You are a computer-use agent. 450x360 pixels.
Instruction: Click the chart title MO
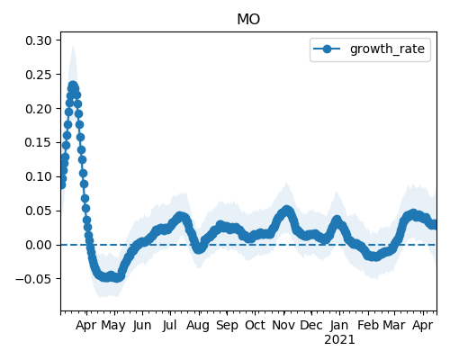[248, 20]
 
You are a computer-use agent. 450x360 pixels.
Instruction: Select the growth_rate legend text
[387, 49]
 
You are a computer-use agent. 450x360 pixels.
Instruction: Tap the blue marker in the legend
[327, 49]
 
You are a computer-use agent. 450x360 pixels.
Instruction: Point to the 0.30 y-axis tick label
[39, 40]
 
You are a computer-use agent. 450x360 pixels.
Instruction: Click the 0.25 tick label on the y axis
[39, 75]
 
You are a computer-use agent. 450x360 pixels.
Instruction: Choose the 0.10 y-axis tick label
[39, 176]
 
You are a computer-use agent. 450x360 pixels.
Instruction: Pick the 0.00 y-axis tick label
[39, 245]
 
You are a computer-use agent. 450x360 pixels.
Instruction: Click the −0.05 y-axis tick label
[33, 279]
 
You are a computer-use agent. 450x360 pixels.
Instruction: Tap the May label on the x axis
[113, 326]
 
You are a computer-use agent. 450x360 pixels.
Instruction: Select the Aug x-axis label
[198, 326]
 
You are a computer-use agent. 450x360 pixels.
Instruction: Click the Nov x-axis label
[283, 325]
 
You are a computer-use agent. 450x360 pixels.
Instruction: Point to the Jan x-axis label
[339, 325]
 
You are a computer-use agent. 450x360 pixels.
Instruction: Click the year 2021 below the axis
[339, 340]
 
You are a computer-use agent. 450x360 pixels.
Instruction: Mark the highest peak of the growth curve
[73, 85]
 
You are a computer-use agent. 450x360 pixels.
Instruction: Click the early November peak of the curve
[287, 210]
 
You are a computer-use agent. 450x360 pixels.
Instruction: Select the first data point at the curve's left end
[61, 185]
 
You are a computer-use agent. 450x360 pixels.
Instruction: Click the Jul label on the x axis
[169, 326]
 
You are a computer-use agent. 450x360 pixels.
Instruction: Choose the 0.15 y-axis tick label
[39, 142]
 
